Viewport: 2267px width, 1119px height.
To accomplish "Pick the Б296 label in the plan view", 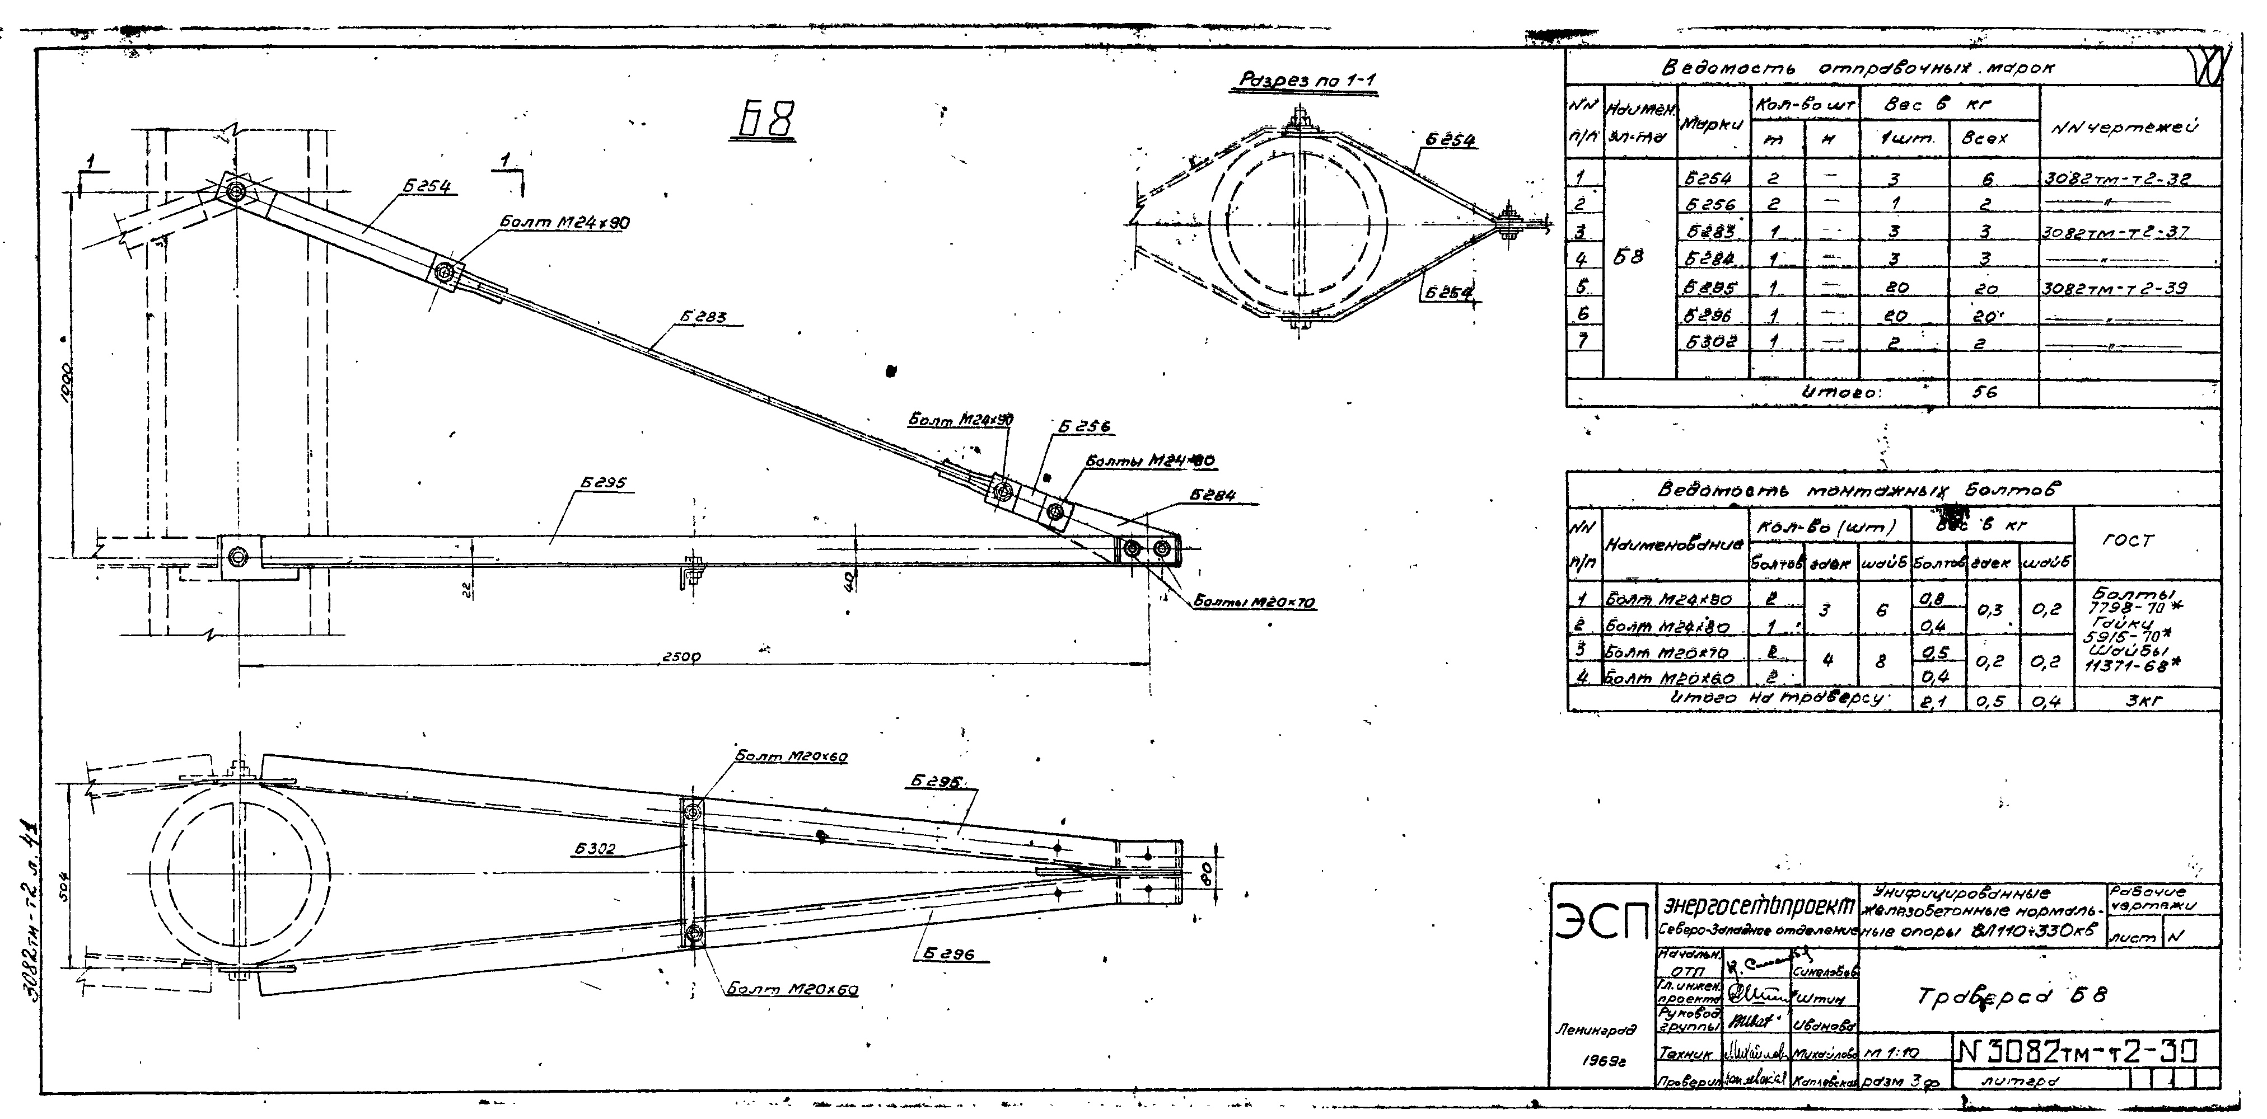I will click(951, 953).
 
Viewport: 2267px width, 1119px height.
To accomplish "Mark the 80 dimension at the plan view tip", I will click(1208, 873).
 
